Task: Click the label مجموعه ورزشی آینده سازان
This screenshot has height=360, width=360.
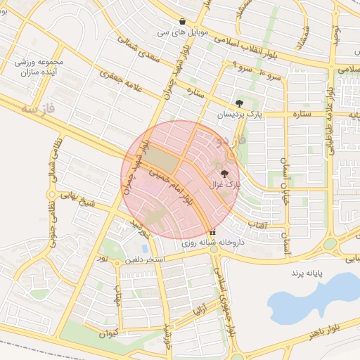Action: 39,67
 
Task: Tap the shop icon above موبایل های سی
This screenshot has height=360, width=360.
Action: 183,21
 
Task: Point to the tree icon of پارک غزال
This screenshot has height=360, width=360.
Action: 225,173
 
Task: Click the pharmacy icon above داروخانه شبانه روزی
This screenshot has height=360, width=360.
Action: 212,232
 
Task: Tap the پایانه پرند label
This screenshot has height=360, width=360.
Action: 307,271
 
